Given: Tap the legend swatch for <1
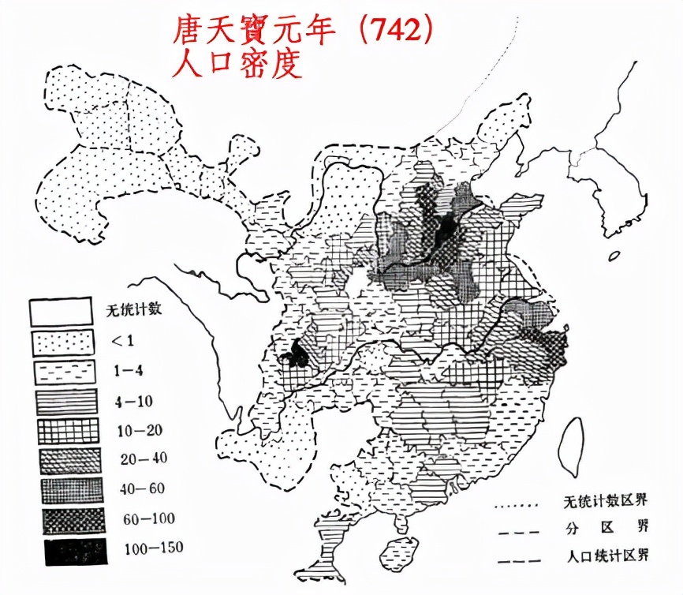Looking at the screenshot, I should point(64,341).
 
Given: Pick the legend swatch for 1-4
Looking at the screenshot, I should point(64,371).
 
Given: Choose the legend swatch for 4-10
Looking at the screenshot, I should point(64,401).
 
